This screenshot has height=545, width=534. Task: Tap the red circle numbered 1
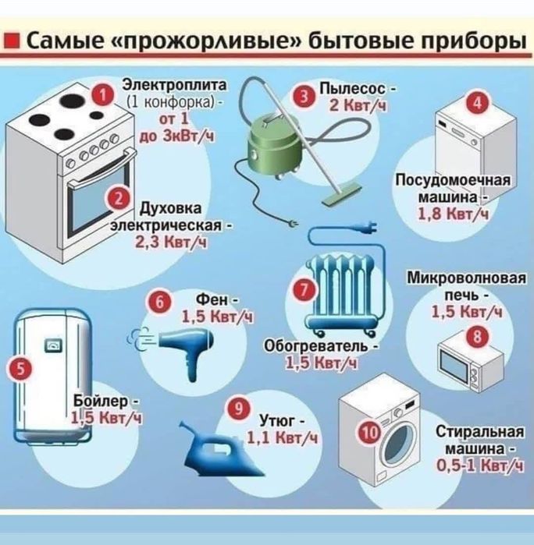[x=100, y=94]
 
